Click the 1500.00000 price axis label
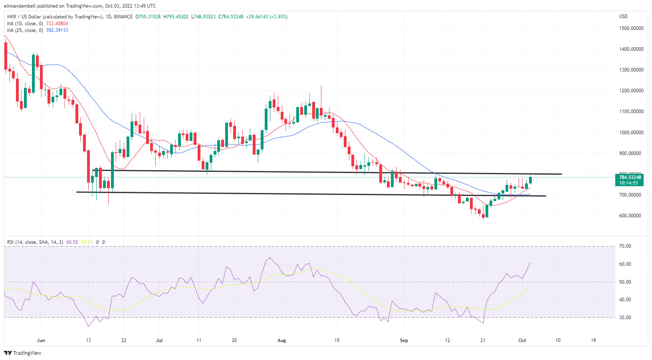pyautogui.click(x=631, y=28)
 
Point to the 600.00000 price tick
pyautogui.click(x=631, y=216)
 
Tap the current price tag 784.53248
pyautogui.click(x=630, y=177)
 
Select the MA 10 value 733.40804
pyautogui.click(x=57, y=24)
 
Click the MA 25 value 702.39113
pyautogui.click(x=57, y=30)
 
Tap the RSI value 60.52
pyautogui.click(x=72, y=242)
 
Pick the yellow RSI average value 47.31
pyautogui.click(x=87, y=242)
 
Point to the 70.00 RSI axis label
pyautogui.click(x=625, y=246)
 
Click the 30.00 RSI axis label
pyautogui.click(x=625, y=318)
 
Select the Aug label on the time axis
pyautogui.click(x=282, y=340)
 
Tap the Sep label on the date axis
pyautogui.click(x=404, y=340)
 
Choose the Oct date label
pyautogui.click(x=522, y=340)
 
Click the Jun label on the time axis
pyautogui.click(x=41, y=340)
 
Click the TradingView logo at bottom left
pyautogui.click(x=23, y=353)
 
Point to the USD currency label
pyautogui.click(x=623, y=16)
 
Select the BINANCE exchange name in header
pyautogui.click(x=123, y=17)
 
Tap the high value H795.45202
pyautogui.click(x=176, y=17)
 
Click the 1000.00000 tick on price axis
pyautogui.click(x=631, y=133)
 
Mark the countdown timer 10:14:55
pyautogui.click(x=628, y=183)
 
